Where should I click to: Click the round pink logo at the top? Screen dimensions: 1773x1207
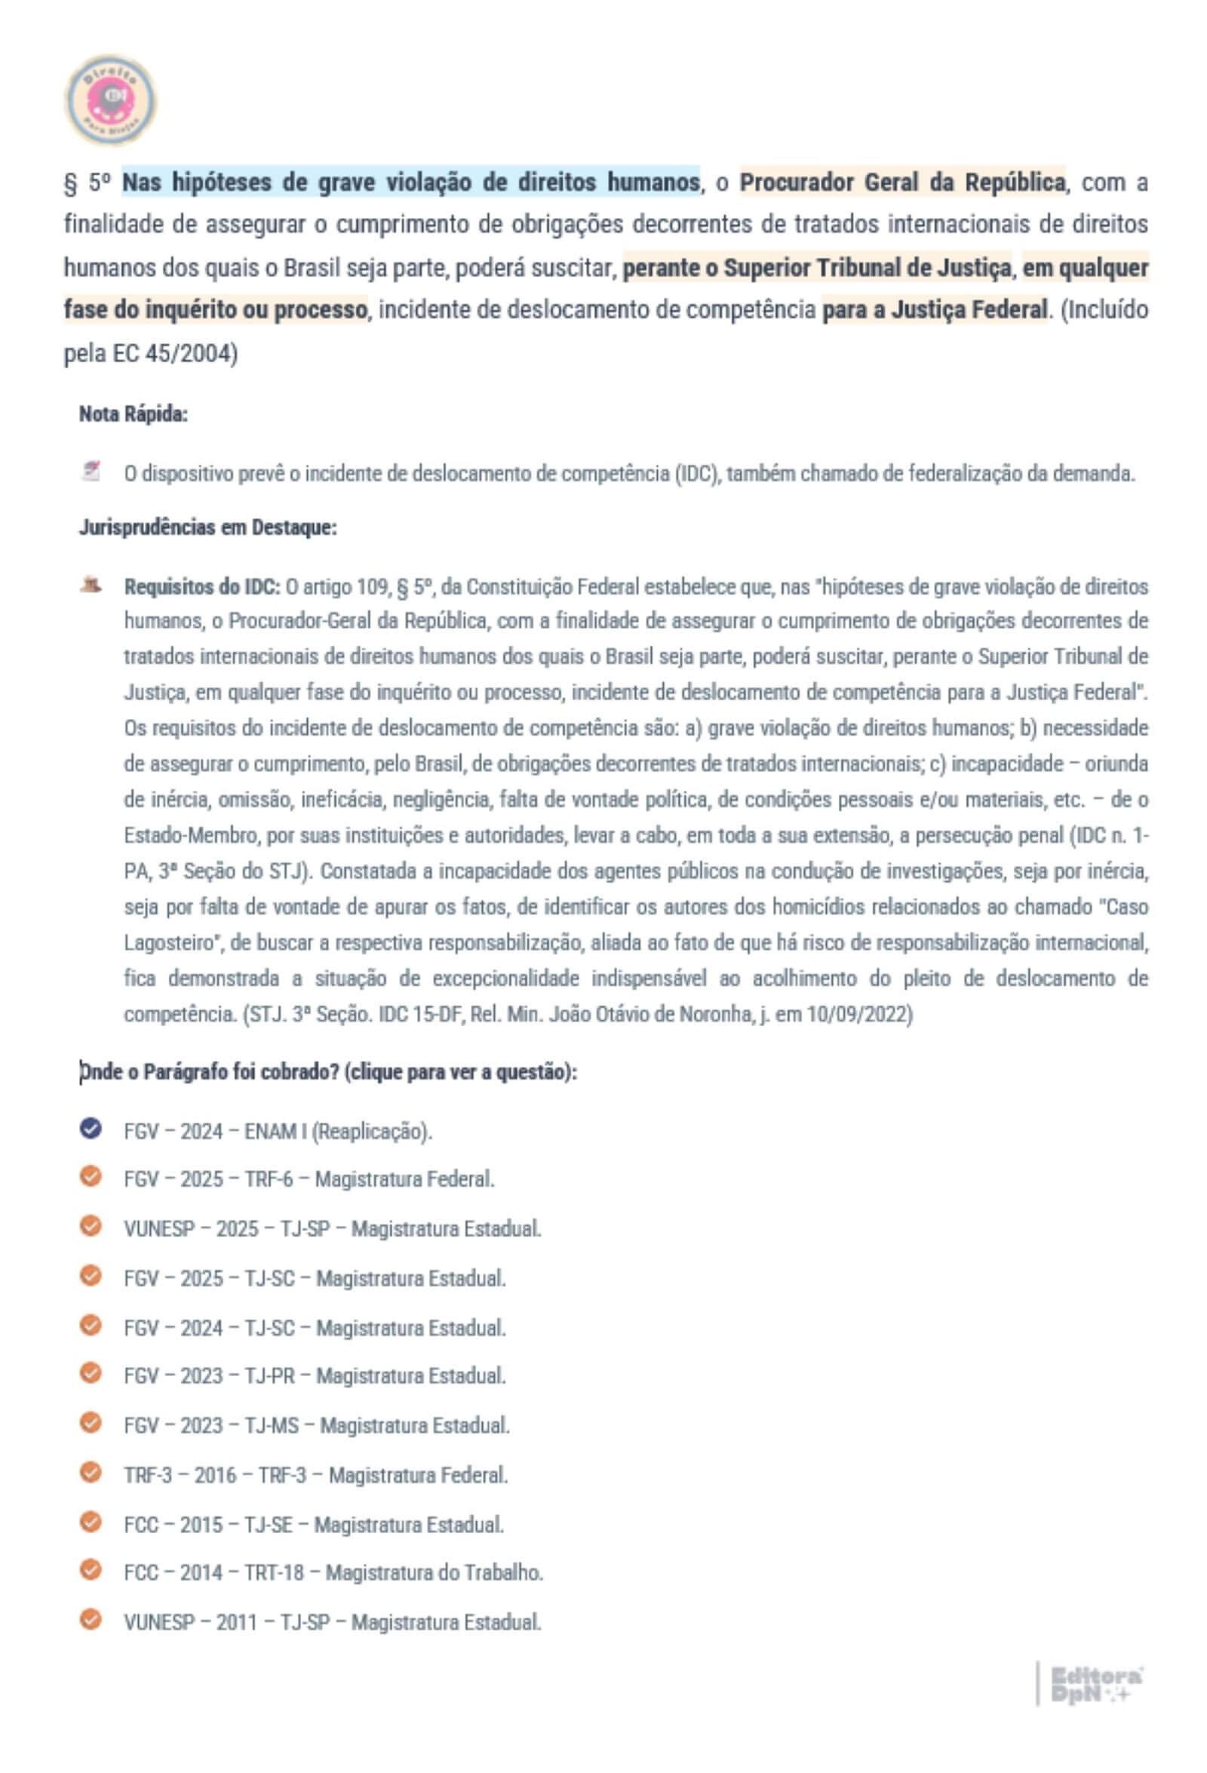coord(111,100)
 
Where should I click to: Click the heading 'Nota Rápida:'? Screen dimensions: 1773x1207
coord(134,414)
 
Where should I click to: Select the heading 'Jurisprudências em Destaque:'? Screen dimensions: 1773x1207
coord(207,527)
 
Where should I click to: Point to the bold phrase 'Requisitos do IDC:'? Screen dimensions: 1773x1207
coord(202,587)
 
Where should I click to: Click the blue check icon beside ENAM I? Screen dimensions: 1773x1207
coord(90,1129)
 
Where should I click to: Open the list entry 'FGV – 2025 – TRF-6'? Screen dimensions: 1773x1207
coord(309,1179)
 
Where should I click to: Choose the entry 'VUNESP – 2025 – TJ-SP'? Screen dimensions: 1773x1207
coord(332,1229)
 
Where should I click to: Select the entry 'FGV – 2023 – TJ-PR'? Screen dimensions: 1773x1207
coord(315,1375)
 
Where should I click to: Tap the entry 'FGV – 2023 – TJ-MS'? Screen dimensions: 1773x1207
coord(317,1425)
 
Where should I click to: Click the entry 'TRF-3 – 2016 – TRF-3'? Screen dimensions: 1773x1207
coord(315,1475)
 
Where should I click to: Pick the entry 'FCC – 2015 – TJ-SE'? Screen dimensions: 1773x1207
coord(314,1524)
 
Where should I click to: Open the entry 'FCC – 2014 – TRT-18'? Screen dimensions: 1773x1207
coord(333,1572)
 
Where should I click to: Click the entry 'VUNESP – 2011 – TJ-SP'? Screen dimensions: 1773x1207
coord(332,1622)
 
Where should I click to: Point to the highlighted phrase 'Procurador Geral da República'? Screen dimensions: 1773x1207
coord(901,183)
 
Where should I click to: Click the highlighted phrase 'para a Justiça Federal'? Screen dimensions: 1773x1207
coord(934,310)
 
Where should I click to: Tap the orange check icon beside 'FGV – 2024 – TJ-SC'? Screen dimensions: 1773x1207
coord(90,1325)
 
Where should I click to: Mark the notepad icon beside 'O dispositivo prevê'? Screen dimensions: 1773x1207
coord(91,472)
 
